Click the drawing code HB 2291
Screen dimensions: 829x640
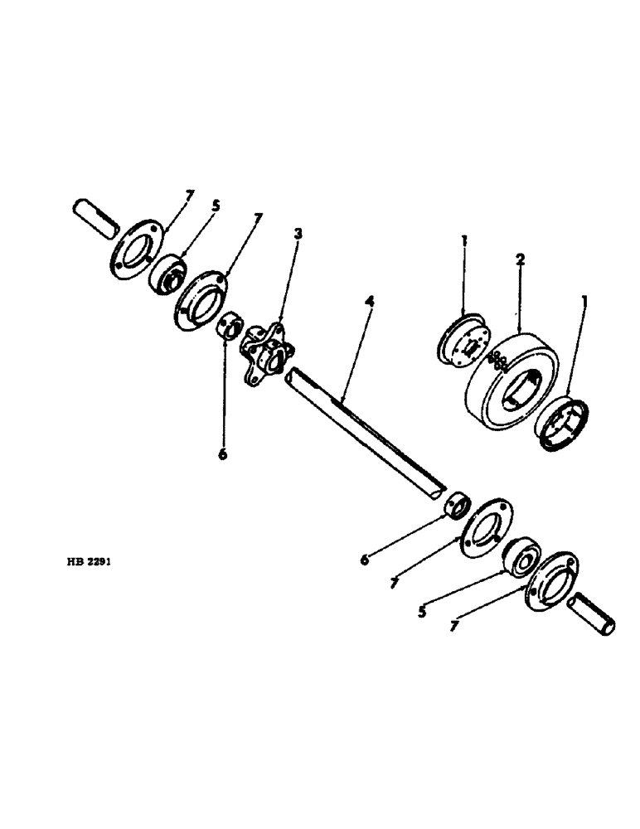[x=88, y=561]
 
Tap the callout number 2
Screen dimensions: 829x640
[x=519, y=259]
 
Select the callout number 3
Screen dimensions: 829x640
[x=298, y=235]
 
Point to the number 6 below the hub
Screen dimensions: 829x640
[x=222, y=453]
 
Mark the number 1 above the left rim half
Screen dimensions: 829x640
[x=464, y=241]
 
